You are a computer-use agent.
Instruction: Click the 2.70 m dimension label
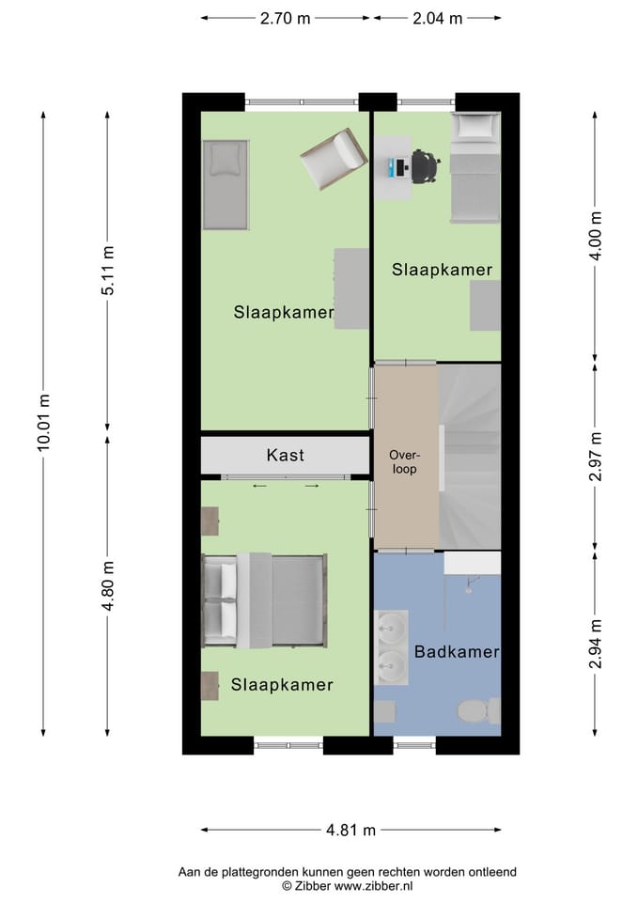[x=286, y=18]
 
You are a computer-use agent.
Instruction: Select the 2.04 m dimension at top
[x=437, y=18]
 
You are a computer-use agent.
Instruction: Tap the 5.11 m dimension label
[x=108, y=271]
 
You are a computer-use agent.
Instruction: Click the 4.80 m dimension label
[x=108, y=584]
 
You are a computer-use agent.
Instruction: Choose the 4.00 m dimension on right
[x=594, y=235]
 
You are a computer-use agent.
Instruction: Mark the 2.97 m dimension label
[x=594, y=457]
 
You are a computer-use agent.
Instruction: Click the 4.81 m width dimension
[x=350, y=830]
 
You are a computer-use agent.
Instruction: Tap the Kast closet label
[x=285, y=456]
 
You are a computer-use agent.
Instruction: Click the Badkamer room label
[x=456, y=651]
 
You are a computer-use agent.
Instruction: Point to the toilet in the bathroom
[x=478, y=710]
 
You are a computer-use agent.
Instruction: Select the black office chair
[x=425, y=167]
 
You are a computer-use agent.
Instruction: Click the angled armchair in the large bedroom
[x=333, y=158]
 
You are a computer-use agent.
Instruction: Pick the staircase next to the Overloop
[x=469, y=456]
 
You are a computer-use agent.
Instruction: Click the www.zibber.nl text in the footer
[x=374, y=886]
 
